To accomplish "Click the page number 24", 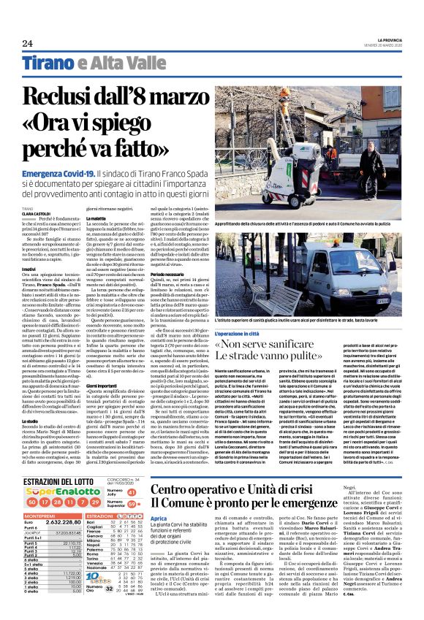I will coord(28,44).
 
